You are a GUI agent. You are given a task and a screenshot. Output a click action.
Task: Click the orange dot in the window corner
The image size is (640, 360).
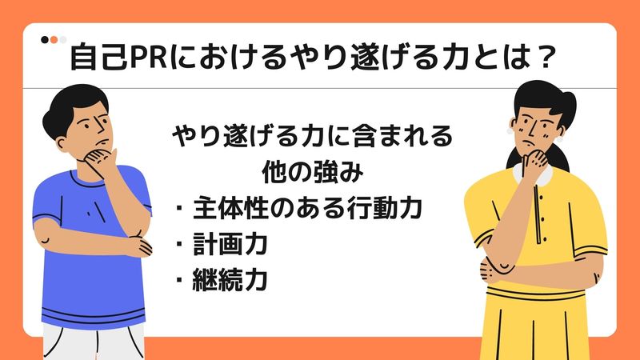pyautogui.click(x=54, y=38)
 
